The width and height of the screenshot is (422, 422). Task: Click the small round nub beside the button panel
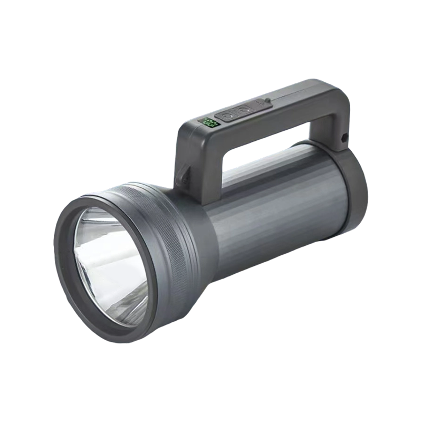click(268, 100)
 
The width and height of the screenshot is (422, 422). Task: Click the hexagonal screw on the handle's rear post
click(344, 138)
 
